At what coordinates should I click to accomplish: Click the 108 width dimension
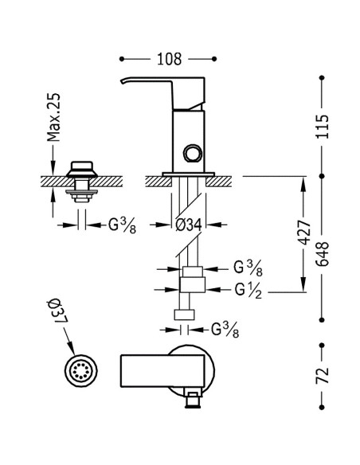click(x=169, y=59)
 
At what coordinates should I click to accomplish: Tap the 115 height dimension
click(x=323, y=127)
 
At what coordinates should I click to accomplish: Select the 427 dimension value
click(x=304, y=232)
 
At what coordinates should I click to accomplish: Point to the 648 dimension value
click(x=323, y=254)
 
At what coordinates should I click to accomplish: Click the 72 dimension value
click(x=323, y=375)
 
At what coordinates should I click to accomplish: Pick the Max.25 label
click(x=53, y=117)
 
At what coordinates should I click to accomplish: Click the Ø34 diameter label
click(x=189, y=225)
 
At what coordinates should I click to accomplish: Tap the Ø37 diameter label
click(x=58, y=312)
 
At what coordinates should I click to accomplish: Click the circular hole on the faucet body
click(x=193, y=154)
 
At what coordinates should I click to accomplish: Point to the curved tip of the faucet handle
click(x=123, y=81)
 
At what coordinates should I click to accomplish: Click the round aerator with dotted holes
click(x=80, y=370)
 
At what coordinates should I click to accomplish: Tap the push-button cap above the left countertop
click(x=82, y=170)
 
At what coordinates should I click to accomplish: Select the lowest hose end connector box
click(x=184, y=315)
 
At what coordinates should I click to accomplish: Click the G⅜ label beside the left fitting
click(x=122, y=225)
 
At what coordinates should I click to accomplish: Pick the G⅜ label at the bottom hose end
click(x=225, y=330)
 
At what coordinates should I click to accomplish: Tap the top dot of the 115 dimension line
click(x=322, y=78)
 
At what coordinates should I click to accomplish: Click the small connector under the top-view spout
click(x=193, y=399)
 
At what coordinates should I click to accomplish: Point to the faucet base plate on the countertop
click(x=188, y=174)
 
